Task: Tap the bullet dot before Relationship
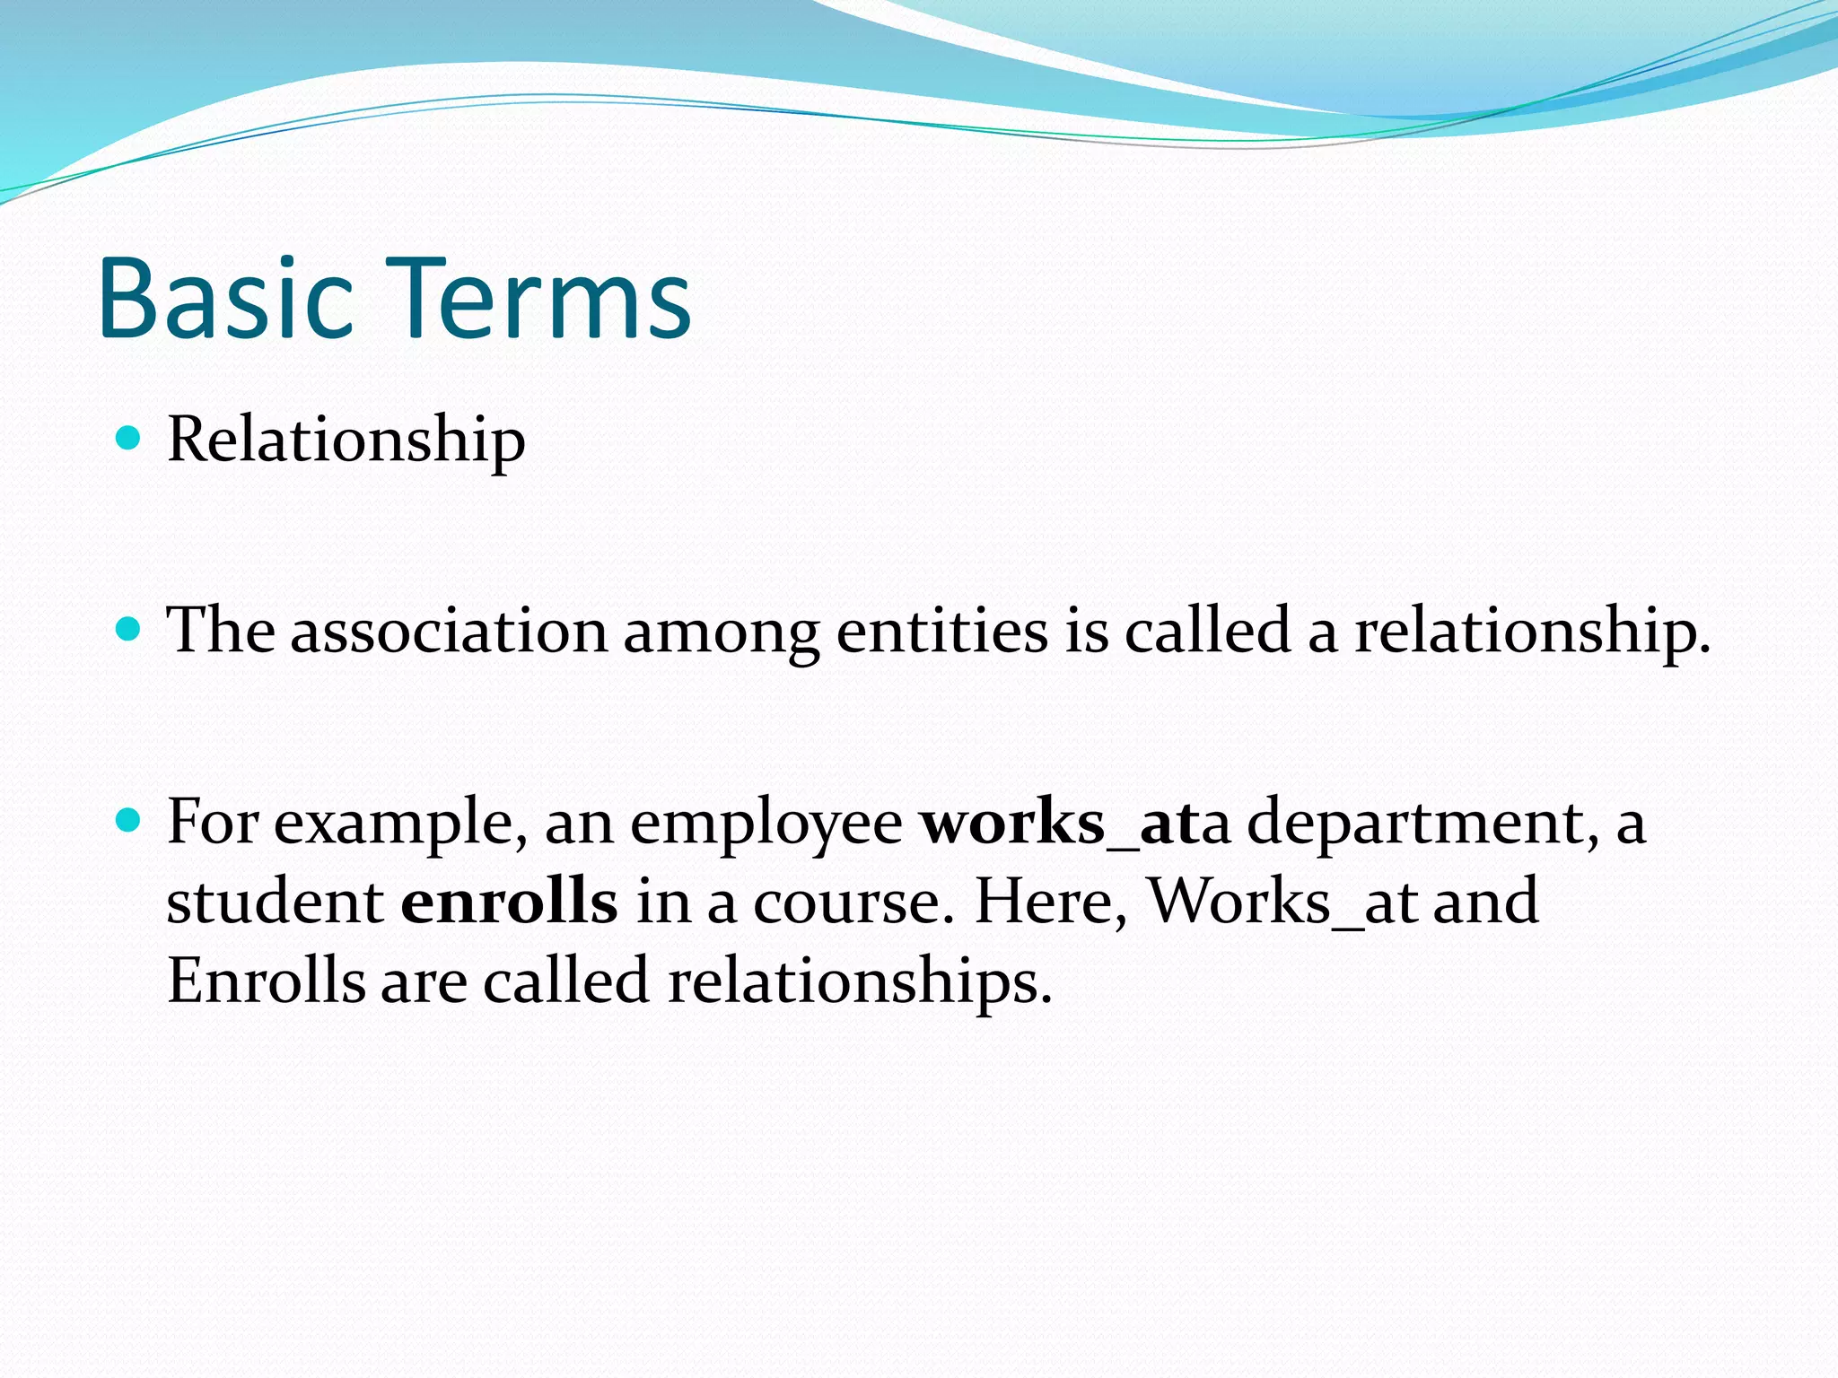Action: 129,439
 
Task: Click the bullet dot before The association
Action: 129,630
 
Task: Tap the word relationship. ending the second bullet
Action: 1531,632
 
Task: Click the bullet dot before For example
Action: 129,820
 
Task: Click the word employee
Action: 766,824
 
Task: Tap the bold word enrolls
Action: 509,901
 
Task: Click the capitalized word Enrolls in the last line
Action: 267,980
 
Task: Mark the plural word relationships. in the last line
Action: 859,981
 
